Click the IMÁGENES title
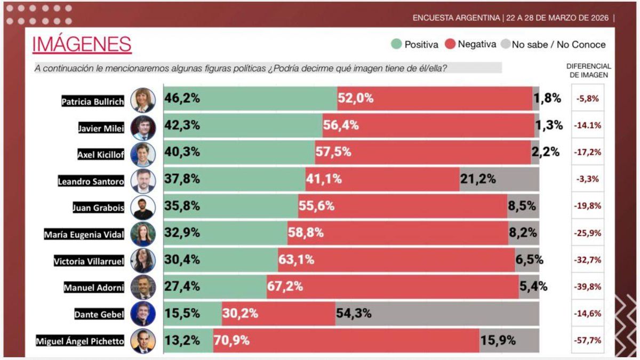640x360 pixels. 82,44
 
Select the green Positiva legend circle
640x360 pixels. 396,44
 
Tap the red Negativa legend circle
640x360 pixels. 450,44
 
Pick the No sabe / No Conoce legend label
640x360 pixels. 558,45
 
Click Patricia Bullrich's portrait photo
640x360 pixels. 143,100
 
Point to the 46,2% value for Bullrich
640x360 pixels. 182,98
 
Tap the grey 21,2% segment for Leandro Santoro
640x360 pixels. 499,179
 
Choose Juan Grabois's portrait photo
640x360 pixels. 143,207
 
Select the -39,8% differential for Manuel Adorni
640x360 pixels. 588,287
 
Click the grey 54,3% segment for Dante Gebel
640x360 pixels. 437,314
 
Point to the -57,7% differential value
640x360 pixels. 588,340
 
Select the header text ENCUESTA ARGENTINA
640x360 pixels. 457,18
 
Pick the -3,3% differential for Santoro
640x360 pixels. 588,180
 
